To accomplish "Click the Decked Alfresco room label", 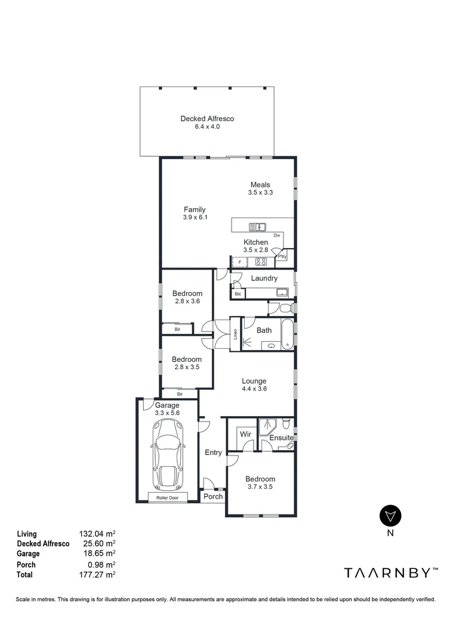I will coord(207,119).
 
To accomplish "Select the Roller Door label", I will coord(168,497).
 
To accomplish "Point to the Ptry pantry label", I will coord(282,256).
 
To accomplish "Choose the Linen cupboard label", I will coord(235,335).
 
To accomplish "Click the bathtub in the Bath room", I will coord(287,334).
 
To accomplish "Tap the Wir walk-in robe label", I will coord(245,435).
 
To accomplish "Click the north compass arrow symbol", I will coord(390,515).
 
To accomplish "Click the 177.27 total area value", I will coord(97,575).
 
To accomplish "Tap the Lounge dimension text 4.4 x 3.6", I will coord(254,389).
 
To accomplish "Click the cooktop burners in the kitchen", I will coord(261,261).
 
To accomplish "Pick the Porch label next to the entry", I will coord(213,496).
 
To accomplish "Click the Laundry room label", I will coord(264,278).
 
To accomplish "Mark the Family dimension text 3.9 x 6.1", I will coord(195,218).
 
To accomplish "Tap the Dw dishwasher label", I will coord(276,236).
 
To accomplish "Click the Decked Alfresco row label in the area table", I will coord(43,544).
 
